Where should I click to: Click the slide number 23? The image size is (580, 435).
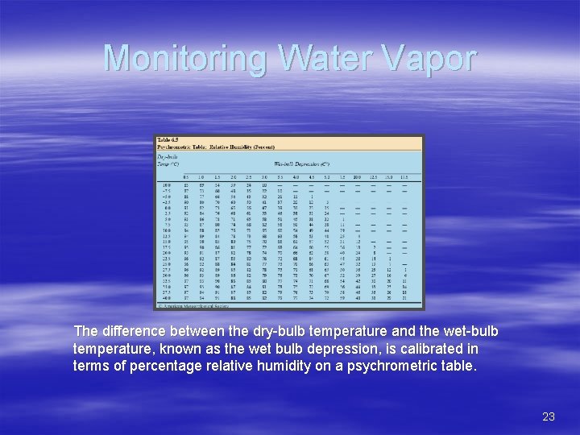pos(549,416)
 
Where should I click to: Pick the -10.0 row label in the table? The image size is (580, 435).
pos(165,184)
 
